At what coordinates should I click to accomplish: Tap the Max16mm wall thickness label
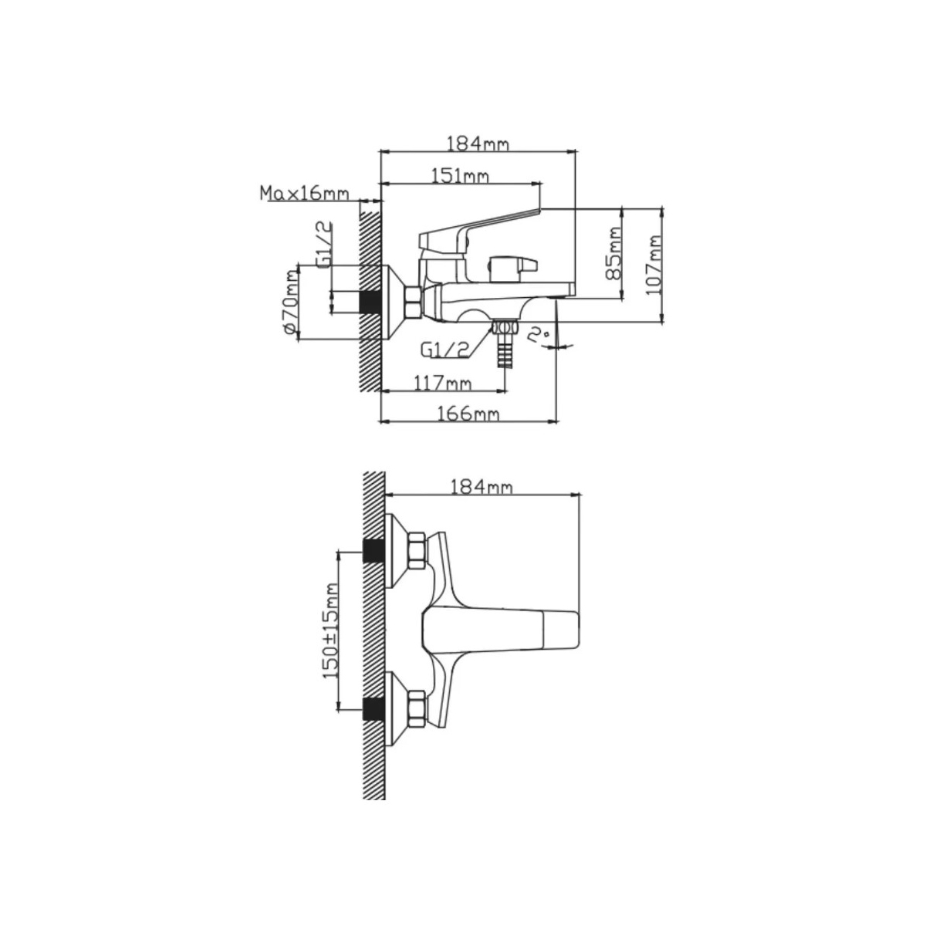(x=304, y=193)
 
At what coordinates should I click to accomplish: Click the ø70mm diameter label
(x=290, y=302)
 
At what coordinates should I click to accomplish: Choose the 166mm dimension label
(x=468, y=414)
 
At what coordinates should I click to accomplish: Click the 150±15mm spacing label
(x=331, y=630)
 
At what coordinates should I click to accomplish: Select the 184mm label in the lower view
(x=481, y=487)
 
